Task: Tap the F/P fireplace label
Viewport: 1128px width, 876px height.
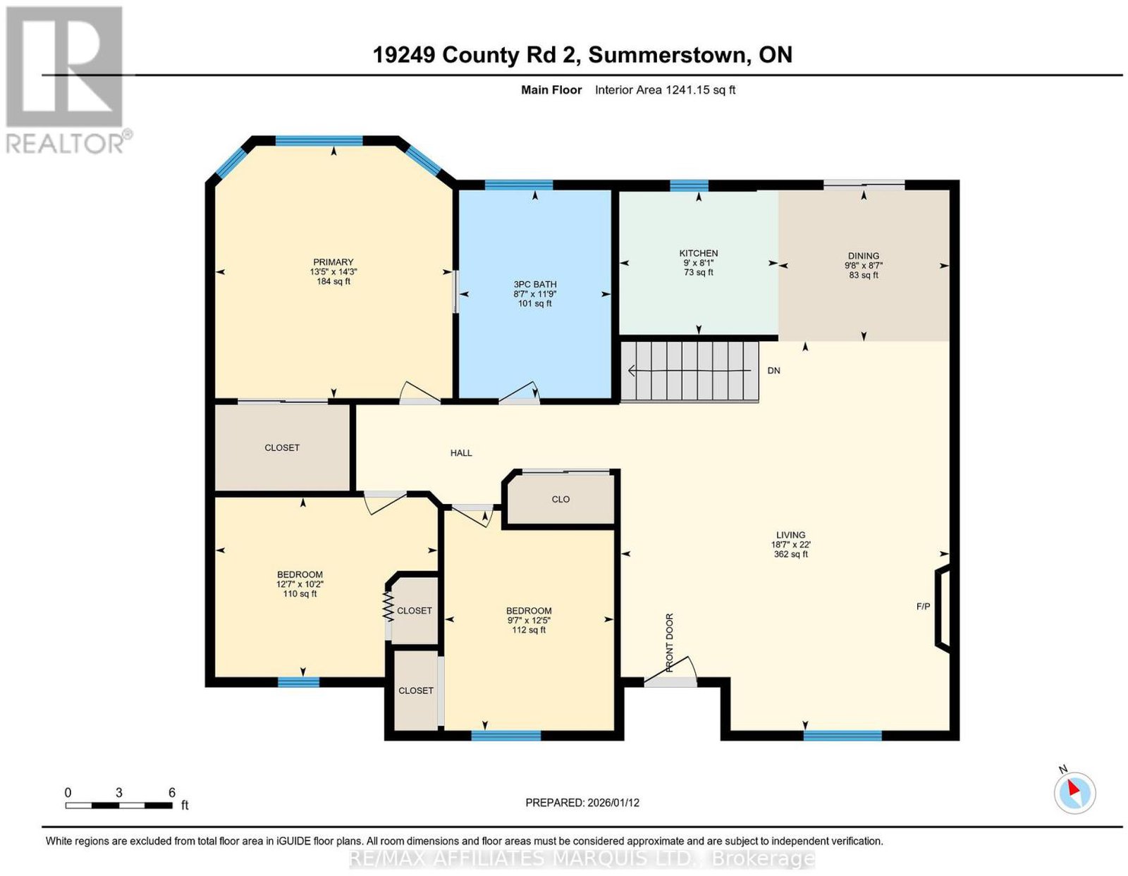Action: pyautogui.click(x=923, y=606)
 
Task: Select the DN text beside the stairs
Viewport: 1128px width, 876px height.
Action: pyautogui.click(x=773, y=371)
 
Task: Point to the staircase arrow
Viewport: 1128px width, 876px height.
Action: pyautogui.click(x=689, y=371)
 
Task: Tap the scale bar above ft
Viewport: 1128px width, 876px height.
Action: pyautogui.click(x=119, y=806)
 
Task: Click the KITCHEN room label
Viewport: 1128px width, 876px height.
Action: pyautogui.click(x=698, y=253)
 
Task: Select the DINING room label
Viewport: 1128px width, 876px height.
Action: pyautogui.click(x=863, y=256)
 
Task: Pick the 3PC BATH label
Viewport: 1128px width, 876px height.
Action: pyautogui.click(x=534, y=284)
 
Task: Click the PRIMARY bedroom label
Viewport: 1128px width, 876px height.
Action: pyautogui.click(x=333, y=262)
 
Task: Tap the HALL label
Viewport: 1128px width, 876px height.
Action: pyautogui.click(x=461, y=452)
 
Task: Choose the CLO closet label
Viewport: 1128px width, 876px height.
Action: pyautogui.click(x=560, y=499)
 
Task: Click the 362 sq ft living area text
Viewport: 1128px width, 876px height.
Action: pyautogui.click(x=790, y=554)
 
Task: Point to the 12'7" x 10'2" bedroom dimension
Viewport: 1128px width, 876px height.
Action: pyautogui.click(x=300, y=584)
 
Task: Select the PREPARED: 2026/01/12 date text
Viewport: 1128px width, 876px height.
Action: pyautogui.click(x=582, y=803)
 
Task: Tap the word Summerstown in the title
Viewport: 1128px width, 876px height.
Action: pyautogui.click(x=670, y=55)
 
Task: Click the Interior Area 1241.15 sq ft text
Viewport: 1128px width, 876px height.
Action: pyautogui.click(x=665, y=90)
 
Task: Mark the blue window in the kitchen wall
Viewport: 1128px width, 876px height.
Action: pyautogui.click(x=689, y=185)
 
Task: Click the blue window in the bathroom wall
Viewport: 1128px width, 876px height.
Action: pyautogui.click(x=519, y=185)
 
